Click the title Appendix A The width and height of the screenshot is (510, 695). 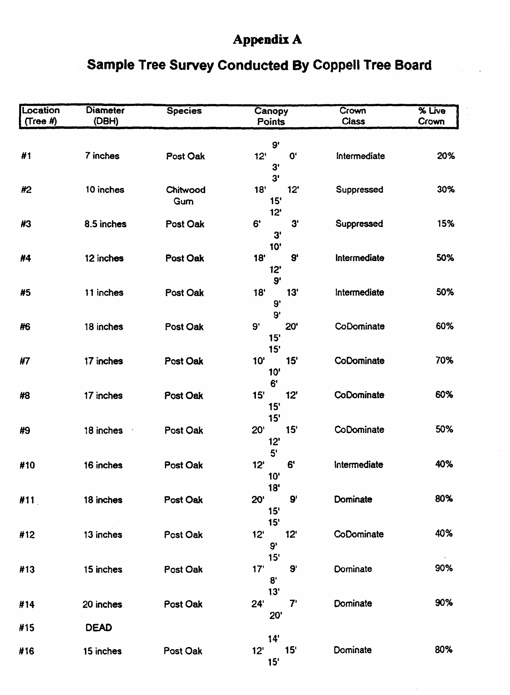[x=267, y=40]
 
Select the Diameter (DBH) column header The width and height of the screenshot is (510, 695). [x=105, y=116]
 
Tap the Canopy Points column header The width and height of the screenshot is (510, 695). [x=271, y=116]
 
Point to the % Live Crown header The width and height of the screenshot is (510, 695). [x=431, y=116]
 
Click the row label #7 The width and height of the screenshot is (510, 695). [x=25, y=361]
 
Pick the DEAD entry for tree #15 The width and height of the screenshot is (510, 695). [x=99, y=627]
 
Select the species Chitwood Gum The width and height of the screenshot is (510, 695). [x=185, y=195]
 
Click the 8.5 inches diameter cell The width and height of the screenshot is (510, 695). [x=105, y=224]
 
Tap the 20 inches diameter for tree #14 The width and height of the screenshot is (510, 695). [x=102, y=604]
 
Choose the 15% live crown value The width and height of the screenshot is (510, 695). [x=446, y=224]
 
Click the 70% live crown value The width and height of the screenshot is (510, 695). [x=444, y=360]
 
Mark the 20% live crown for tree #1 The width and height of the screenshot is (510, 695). [x=446, y=156]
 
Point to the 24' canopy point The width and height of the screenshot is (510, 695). [x=258, y=604]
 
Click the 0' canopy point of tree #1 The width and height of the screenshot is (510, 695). [x=293, y=156]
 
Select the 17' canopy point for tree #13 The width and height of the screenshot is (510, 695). [x=258, y=569]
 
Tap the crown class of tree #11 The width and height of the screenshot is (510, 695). [x=353, y=499]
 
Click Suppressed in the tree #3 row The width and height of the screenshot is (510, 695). [x=359, y=224]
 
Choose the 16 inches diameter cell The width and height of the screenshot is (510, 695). [x=103, y=465]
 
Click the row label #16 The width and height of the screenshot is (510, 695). [x=27, y=651]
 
